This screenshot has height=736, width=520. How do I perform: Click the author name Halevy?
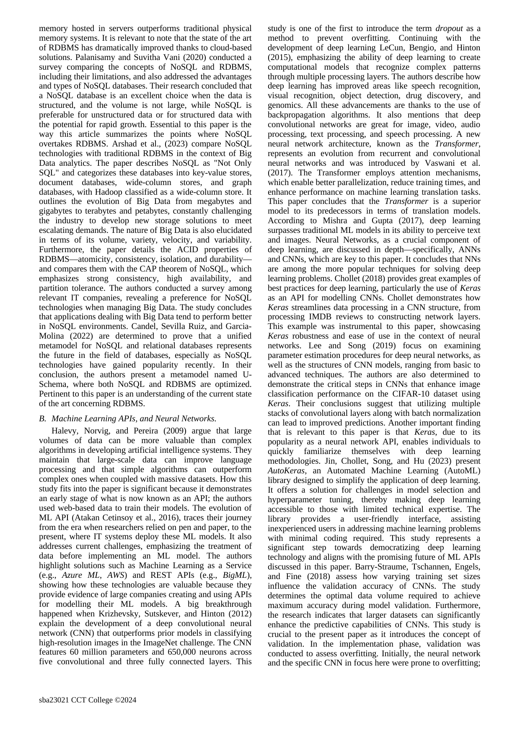pos(65,431)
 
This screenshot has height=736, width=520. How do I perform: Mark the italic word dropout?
pos(449,29)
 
